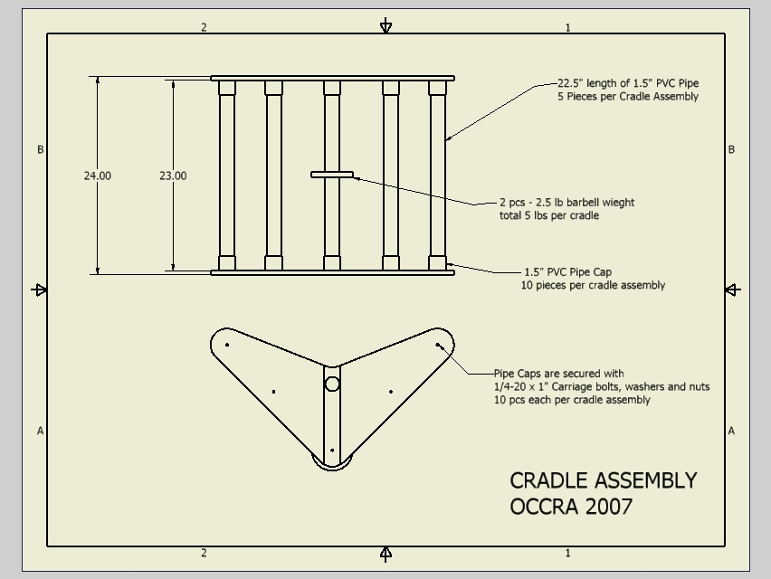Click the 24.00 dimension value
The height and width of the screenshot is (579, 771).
[98, 176]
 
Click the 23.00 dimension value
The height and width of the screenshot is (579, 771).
[173, 176]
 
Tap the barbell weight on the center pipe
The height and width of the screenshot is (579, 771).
[332, 175]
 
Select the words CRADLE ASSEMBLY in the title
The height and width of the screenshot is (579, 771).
[604, 480]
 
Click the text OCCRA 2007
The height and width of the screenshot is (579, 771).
[571, 507]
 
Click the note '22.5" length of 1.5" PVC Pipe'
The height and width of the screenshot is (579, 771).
[628, 83]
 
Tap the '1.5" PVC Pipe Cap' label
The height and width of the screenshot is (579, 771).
[568, 271]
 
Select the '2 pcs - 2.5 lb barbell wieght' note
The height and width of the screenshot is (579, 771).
[567, 202]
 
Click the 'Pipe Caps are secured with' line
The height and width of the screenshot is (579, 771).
[558, 374]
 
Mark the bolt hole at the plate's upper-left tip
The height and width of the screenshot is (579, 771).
[226, 345]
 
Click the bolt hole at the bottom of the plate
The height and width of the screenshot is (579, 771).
[332, 451]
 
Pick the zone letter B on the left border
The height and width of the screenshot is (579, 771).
[41, 149]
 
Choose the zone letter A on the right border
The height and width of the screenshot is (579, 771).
[731, 431]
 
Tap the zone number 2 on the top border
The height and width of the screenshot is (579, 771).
[204, 27]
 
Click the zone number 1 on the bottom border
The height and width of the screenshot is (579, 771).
[568, 553]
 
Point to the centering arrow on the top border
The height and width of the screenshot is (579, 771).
[386, 25]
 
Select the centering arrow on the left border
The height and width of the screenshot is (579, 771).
[39, 290]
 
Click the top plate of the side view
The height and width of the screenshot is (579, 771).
[332, 78]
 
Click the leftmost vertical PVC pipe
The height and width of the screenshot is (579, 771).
[226, 176]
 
